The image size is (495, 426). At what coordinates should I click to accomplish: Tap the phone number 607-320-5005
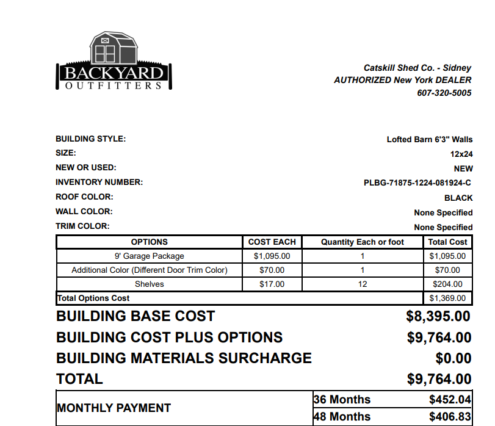[444, 93]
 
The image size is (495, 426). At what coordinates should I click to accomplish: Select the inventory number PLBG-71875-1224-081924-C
[417, 182]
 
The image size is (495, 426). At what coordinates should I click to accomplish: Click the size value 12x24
[461, 154]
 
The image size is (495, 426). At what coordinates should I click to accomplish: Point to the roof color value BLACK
[458, 198]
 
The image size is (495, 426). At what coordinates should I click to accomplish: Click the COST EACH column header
[272, 242]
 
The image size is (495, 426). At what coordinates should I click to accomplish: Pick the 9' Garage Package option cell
[150, 256]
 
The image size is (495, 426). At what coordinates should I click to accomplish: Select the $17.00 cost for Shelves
[272, 284]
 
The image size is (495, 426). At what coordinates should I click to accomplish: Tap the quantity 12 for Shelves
[363, 284]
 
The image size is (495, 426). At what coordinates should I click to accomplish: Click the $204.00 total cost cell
[447, 284]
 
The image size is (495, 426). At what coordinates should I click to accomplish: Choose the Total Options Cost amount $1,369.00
[447, 298]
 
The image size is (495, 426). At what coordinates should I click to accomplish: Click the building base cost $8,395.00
[438, 317]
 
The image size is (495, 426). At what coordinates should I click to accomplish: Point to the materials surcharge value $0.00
[453, 358]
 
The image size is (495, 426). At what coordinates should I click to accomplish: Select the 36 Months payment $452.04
[450, 400]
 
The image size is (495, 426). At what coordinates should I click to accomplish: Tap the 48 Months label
[342, 417]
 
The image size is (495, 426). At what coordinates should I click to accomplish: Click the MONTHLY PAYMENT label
[114, 408]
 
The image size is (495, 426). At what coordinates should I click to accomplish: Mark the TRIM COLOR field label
[82, 226]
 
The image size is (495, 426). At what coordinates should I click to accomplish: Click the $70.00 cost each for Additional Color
[272, 270]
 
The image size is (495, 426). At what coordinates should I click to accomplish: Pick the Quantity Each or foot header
[363, 242]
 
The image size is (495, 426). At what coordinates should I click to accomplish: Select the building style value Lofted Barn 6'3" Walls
[430, 139]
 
